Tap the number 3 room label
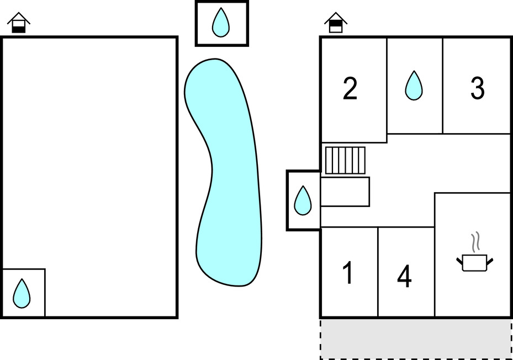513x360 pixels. (x=477, y=88)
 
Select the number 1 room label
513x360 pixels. (x=348, y=273)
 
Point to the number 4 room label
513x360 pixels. (x=404, y=276)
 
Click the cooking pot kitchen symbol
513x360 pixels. (x=475, y=263)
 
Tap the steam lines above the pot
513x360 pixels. (x=476, y=242)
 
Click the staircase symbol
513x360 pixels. (x=345, y=160)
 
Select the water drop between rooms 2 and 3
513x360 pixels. (x=414, y=86)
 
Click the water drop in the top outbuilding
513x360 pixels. (x=221, y=22)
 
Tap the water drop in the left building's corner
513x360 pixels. (x=22, y=293)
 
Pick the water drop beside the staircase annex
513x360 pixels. (x=303, y=200)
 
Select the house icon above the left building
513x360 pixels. (x=19, y=23)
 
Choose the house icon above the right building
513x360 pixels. (x=336, y=23)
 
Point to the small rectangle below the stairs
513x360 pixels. (x=345, y=192)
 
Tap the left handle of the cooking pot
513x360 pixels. (x=459, y=262)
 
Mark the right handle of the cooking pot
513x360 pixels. (x=490, y=262)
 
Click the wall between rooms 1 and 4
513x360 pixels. (x=378, y=272)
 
